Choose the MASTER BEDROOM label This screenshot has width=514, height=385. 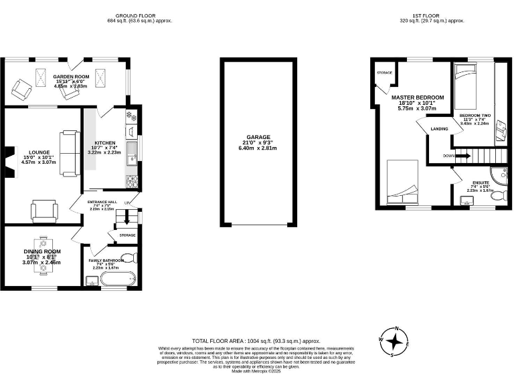(x=417, y=98)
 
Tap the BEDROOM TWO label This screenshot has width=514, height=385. (x=475, y=116)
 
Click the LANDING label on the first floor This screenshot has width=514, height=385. (x=439, y=128)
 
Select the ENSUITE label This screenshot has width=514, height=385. (x=480, y=182)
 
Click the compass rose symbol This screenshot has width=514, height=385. (x=396, y=342)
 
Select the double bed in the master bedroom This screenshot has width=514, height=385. (x=403, y=183)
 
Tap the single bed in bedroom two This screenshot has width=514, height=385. (x=466, y=86)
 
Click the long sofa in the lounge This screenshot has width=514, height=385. (x=68, y=153)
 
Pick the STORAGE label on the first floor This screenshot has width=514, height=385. (x=383, y=72)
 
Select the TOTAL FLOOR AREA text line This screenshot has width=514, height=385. (x=257, y=340)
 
